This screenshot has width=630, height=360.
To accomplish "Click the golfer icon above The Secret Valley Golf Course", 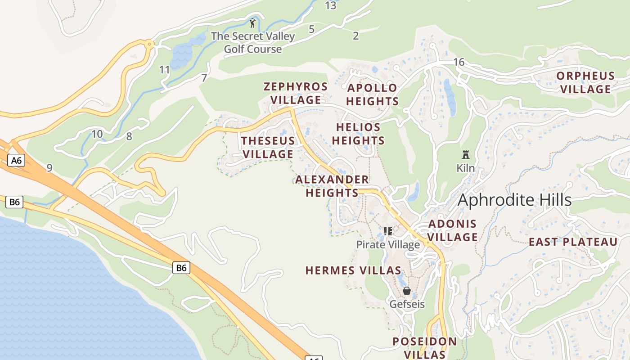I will [252, 23].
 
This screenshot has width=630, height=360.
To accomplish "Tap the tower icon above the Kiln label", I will [466, 155].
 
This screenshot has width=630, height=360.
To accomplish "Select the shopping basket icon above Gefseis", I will [407, 291].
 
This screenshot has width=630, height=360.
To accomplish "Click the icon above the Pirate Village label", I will [388, 231].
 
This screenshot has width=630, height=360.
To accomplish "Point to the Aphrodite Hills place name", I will [514, 200].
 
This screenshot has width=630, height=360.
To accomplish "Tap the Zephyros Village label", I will [296, 93].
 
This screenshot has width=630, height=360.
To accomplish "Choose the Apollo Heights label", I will [373, 94].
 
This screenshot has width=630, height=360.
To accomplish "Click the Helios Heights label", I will [358, 134].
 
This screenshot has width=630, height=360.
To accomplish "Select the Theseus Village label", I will [268, 148].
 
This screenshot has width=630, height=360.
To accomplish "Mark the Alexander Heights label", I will [332, 186].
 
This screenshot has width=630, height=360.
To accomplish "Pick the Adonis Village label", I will [452, 230].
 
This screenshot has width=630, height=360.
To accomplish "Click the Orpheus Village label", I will [585, 82].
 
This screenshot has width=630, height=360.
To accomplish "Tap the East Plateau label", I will [573, 242].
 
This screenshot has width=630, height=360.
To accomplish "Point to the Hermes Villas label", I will [353, 270].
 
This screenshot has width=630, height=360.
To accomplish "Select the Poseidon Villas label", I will [425, 348].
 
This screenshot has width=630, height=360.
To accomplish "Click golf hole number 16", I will [459, 62].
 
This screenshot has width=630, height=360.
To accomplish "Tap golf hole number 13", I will [330, 6].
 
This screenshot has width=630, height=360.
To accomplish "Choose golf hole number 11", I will [165, 70].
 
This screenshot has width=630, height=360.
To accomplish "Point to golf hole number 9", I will [49, 168].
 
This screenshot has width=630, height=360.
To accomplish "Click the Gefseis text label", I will [407, 304].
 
